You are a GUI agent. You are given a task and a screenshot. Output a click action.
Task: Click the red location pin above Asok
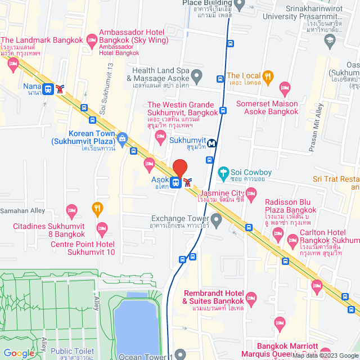click(179, 168)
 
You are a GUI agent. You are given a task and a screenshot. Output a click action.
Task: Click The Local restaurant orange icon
click(268, 76)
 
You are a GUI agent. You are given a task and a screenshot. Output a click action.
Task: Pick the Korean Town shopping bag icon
click(123, 138)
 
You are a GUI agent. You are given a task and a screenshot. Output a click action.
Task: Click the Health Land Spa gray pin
click(196, 75)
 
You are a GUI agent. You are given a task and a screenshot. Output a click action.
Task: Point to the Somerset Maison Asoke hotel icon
click(285, 87)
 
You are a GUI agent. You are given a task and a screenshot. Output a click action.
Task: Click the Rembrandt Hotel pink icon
click(251, 295)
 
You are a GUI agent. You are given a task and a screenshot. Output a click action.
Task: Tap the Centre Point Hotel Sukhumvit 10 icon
click(102, 228)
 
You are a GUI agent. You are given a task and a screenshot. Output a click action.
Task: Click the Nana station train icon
click(48, 89)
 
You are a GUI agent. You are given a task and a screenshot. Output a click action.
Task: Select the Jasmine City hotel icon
click(251, 193)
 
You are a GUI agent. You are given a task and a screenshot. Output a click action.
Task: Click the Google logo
click(18, 353)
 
